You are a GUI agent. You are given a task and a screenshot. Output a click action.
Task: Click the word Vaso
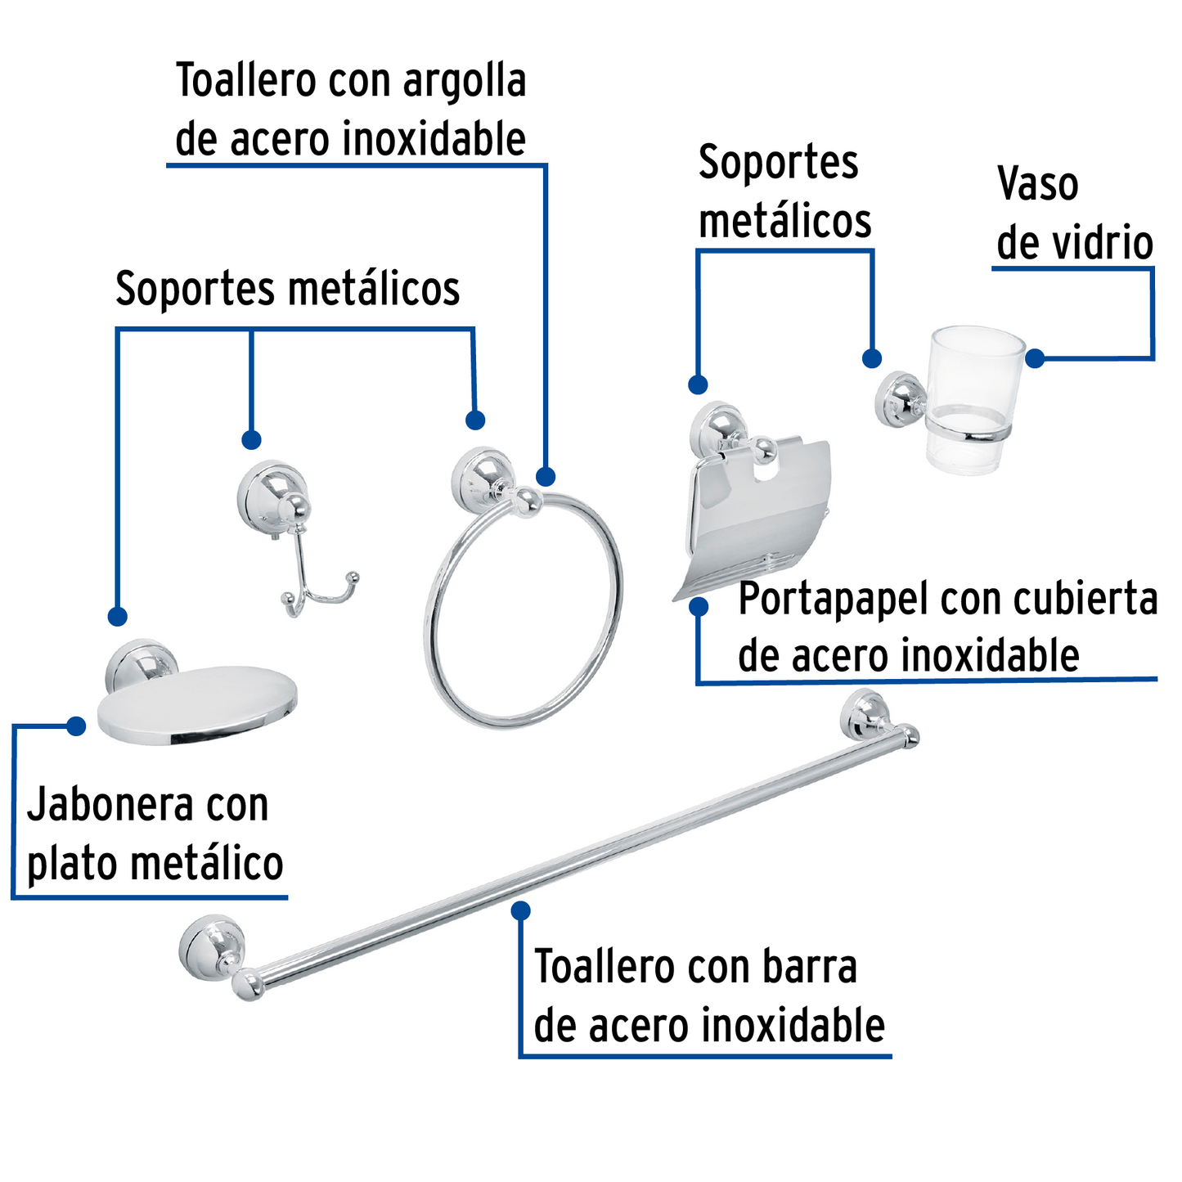pos(1037,185)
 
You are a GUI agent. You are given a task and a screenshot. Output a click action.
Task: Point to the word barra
pos(809,968)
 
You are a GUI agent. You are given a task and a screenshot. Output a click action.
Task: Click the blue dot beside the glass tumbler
pos(1035,358)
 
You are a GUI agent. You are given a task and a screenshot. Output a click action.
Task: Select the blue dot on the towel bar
pos(520,910)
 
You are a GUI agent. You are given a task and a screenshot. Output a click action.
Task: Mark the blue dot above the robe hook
pos(251,439)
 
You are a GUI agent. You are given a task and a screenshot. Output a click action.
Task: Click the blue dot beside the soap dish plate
pos(76,726)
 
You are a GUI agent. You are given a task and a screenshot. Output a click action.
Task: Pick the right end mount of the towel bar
pos(865,714)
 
